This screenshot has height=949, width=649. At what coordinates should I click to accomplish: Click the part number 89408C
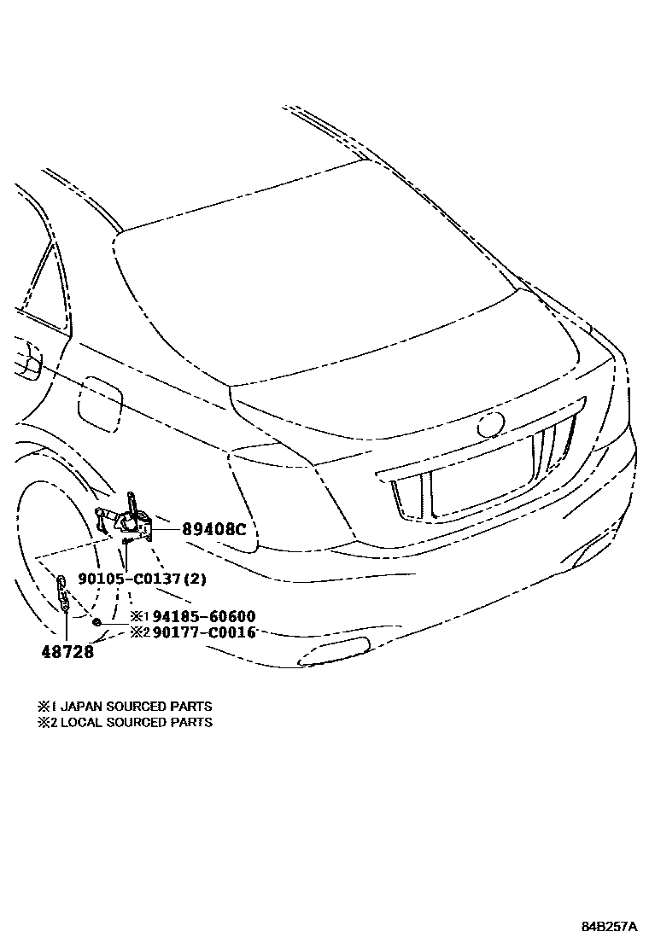coord(213,529)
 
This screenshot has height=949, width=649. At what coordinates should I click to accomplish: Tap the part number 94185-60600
coord(204,616)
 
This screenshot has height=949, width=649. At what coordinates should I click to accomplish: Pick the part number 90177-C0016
coord(204,632)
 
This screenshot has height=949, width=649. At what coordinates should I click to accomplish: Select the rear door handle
coord(30,358)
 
